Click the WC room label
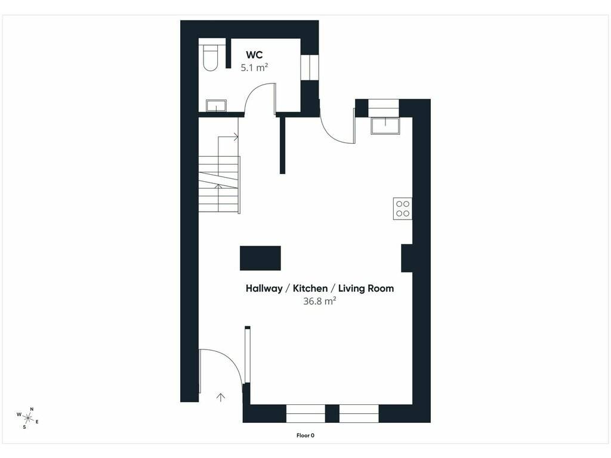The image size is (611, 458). (x=254, y=54)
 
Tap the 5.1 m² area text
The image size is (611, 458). (x=254, y=68)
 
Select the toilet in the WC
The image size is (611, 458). (x=211, y=58)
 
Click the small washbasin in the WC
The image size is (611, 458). (x=216, y=106)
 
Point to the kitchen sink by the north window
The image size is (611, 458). (x=385, y=126)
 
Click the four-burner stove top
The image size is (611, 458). (x=403, y=209)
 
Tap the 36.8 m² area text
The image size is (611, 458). (x=320, y=301)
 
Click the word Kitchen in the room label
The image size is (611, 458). (x=310, y=288)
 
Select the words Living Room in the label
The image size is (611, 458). (x=366, y=288)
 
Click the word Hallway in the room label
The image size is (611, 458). (x=264, y=289)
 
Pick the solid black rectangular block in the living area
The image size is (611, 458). (x=260, y=258)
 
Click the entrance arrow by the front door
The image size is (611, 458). (x=221, y=397)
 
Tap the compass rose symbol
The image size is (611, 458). (x=27, y=418)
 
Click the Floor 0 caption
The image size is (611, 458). (x=305, y=435)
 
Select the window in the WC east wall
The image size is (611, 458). (x=310, y=68)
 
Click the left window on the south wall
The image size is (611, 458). (x=305, y=414)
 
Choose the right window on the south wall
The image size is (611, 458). (x=359, y=414)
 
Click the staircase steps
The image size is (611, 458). (x=218, y=184)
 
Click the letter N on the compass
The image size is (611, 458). (x=32, y=409)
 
